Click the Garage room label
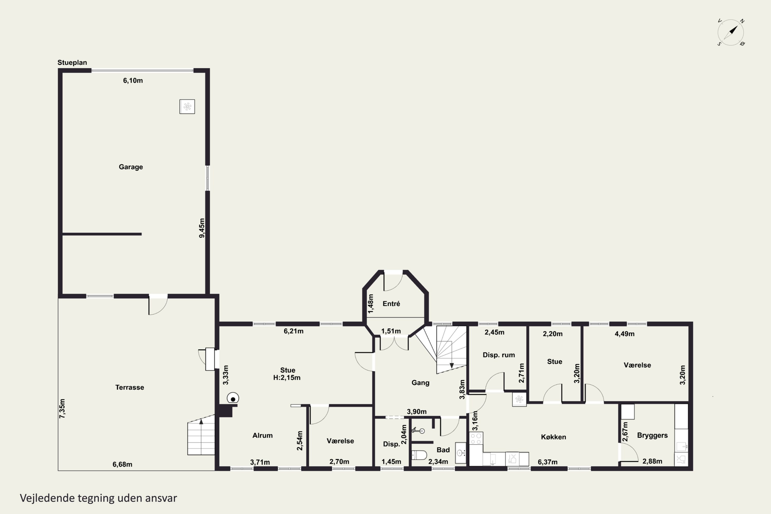(x=131, y=167)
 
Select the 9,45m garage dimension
(x=202, y=228)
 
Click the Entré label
(x=391, y=304)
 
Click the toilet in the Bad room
(x=419, y=455)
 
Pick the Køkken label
(x=553, y=437)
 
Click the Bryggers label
(x=652, y=435)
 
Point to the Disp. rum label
(x=499, y=355)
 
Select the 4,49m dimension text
(x=625, y=334)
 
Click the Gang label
(x=420, y=383)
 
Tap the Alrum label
(x=262, y=435)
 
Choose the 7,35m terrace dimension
(x=62, y=408)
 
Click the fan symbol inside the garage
(x=187, y=107)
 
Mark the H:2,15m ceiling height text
(x=287, y=378)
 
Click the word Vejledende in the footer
(x=47, y=498)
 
